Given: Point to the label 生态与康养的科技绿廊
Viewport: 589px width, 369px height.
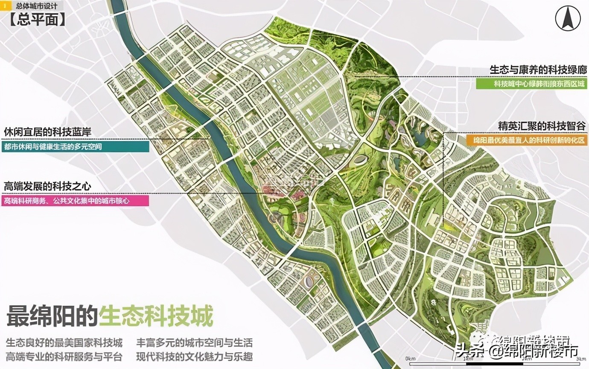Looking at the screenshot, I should [538, 70].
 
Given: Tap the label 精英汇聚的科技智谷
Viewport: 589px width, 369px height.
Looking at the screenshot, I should [542, 126].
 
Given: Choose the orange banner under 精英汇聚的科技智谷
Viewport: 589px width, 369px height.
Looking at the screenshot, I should [527, 140].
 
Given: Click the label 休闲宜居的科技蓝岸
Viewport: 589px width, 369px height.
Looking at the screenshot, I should [47, 132].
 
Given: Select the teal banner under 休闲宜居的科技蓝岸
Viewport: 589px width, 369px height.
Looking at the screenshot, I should [75, 146].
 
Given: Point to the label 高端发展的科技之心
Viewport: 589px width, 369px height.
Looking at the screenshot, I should [47, 186].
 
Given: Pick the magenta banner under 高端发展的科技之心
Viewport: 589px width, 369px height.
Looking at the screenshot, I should [75, 200].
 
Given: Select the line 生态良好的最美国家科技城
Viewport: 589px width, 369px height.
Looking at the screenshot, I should [64, 343].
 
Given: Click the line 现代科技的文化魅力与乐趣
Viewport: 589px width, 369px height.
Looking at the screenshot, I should [194, 356].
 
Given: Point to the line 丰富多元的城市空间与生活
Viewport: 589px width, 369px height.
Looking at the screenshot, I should [194, 343].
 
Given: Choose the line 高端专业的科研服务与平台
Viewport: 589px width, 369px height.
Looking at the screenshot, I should [64, 356].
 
